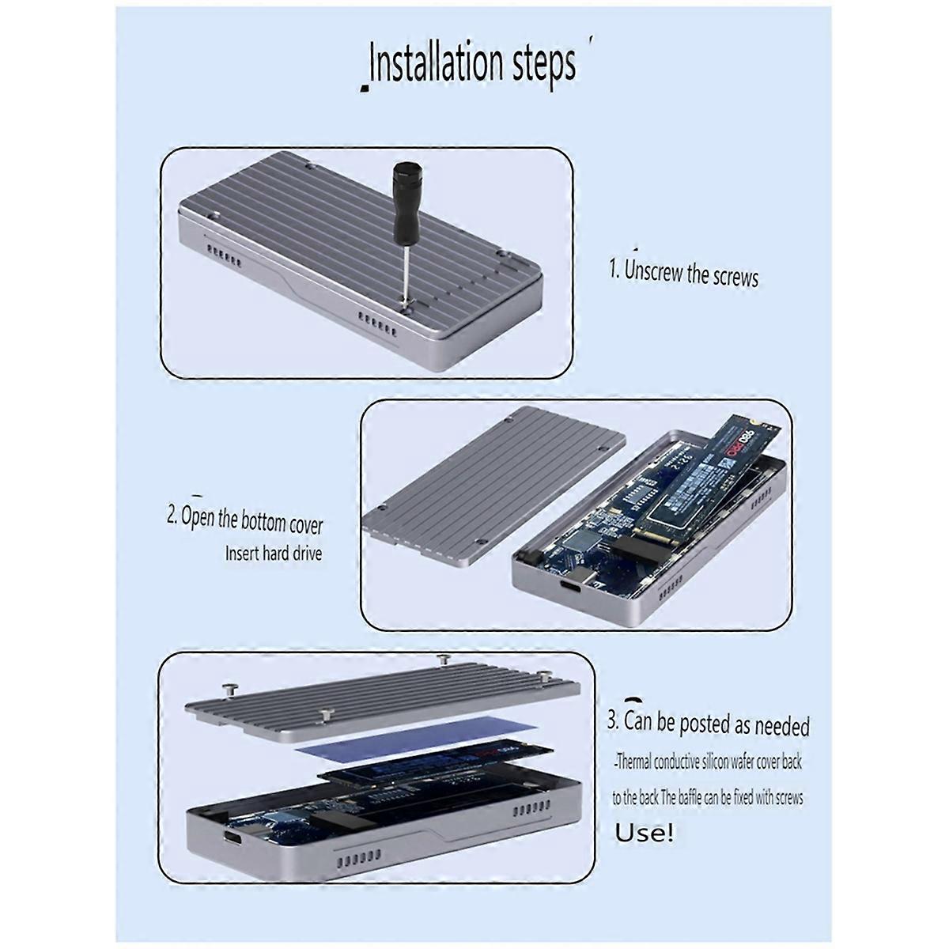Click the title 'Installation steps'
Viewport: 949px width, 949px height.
(473, 65)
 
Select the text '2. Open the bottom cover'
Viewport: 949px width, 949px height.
(244, 520)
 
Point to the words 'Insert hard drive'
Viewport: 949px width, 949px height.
(274, 554)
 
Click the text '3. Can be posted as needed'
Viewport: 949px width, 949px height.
(709, 723)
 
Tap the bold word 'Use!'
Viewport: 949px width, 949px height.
(645, 833)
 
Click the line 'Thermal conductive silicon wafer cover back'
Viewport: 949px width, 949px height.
(708, 762)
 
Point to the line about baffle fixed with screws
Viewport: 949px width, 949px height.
(708, 797)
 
